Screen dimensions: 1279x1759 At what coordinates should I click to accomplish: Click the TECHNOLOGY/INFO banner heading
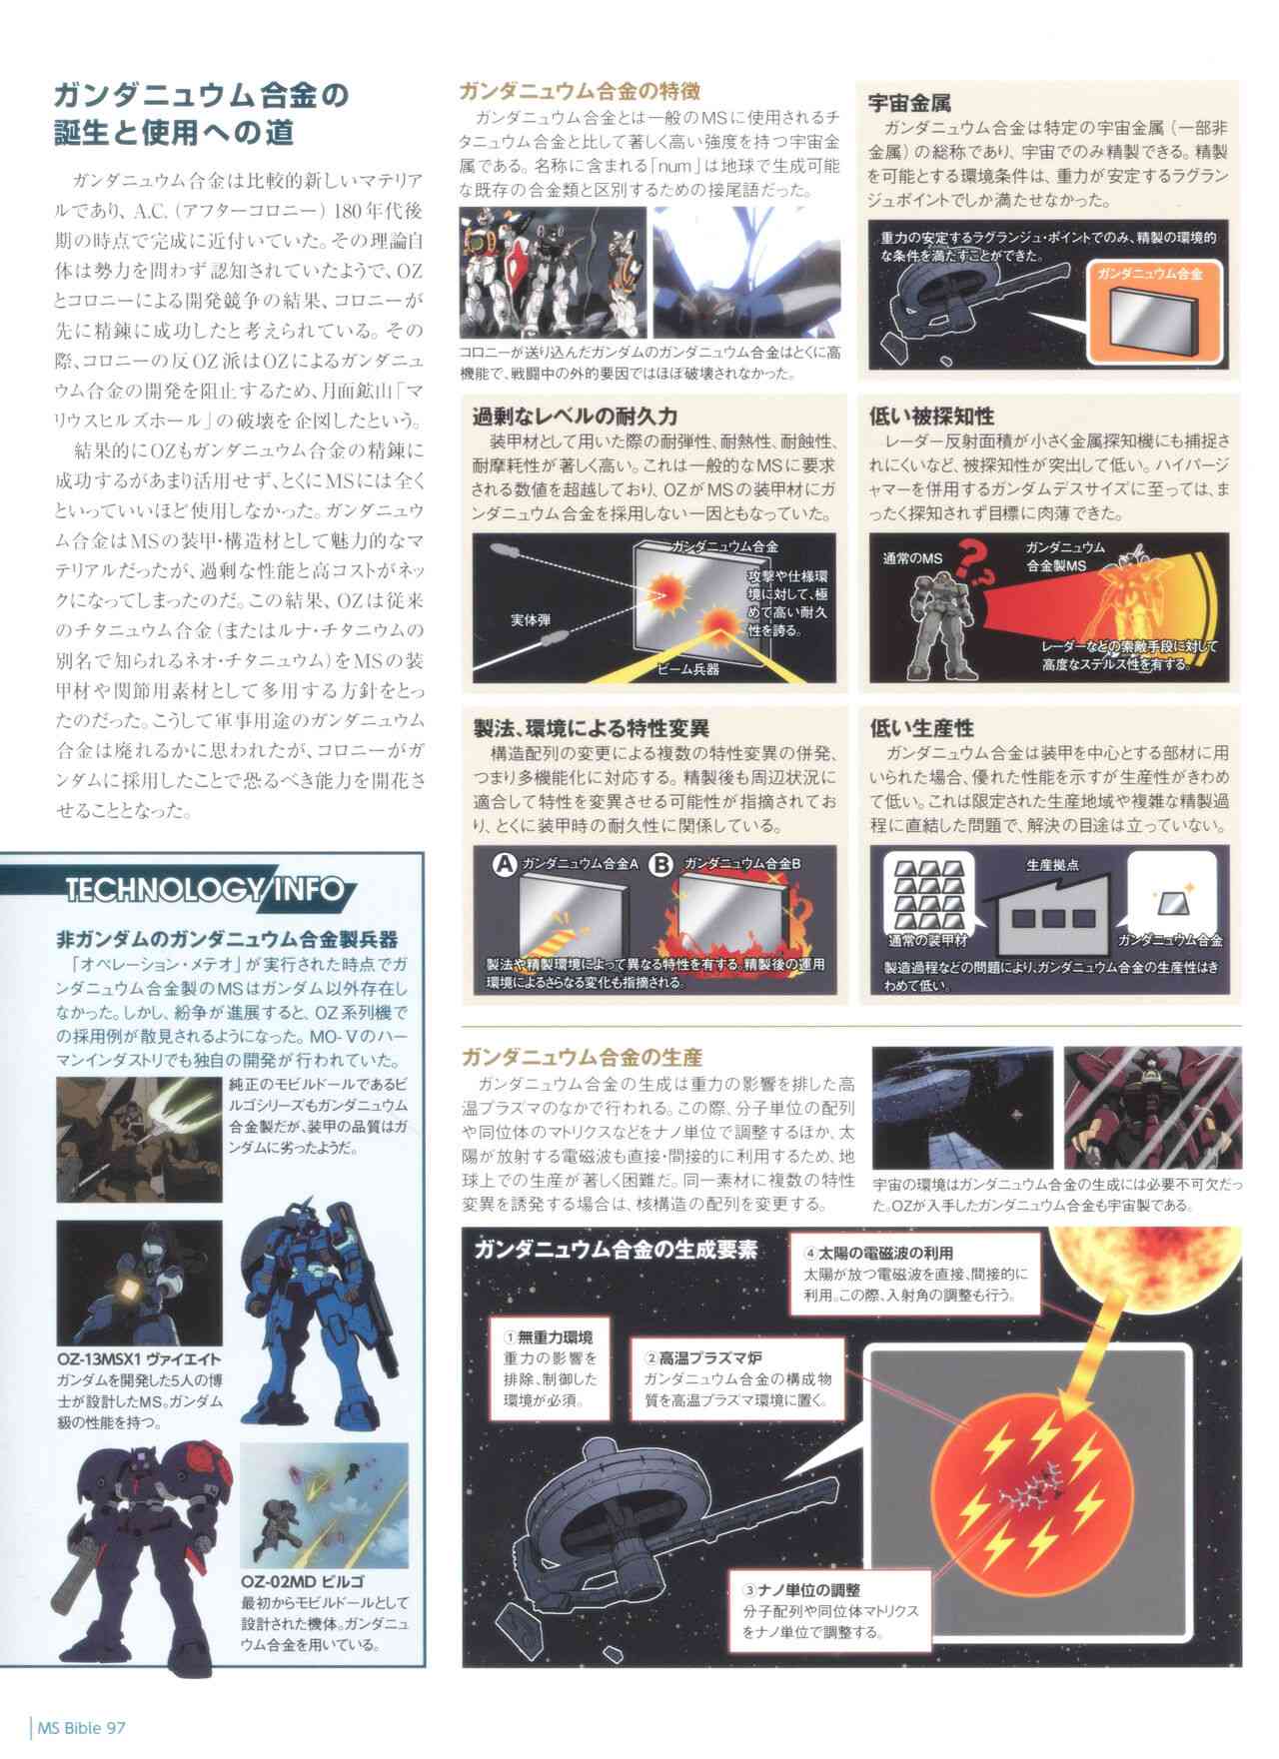pos(204,888)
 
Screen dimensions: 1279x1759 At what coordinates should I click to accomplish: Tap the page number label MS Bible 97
pos(82,1727)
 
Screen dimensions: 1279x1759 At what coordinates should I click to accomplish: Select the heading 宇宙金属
pos(909,102)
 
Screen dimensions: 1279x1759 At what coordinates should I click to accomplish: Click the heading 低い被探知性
pos(931,416)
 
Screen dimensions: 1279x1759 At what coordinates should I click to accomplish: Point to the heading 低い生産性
pos(921,728)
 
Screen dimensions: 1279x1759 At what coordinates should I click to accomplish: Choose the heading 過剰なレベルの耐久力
pos(575,416)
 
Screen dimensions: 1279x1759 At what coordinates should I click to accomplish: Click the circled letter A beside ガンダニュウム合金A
pos(506,864)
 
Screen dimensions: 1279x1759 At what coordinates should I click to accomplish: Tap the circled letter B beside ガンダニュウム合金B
pos(660,864)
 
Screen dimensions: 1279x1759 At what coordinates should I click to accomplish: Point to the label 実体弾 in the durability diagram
pos(531,620)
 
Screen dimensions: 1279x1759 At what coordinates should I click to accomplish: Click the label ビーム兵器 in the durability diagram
pos(688,668)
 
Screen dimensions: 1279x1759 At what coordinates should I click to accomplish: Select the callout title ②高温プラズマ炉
pos(706,1358)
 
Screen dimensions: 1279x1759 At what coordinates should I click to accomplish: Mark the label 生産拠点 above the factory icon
pos(1052,865)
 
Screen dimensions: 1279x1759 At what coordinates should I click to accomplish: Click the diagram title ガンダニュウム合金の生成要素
pos(616,1250)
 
